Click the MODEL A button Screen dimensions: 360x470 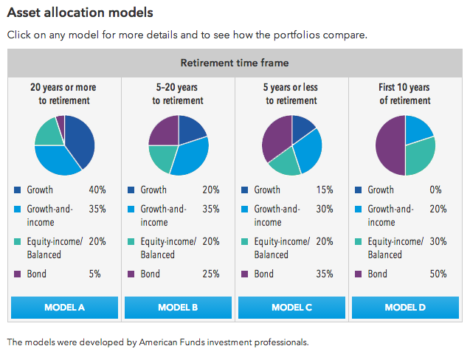coord(64,307)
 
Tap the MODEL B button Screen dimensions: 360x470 coord(178,307)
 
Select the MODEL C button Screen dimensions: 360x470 coord(291,307)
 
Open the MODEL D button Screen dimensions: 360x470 coord(405,307)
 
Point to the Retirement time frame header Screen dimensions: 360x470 coord(235,63)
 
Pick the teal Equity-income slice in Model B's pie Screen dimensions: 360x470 coord(162,157)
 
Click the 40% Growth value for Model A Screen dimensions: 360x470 coord(97,190)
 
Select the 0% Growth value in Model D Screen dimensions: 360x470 coord(439,190)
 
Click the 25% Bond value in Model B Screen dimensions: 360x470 coord(211,274)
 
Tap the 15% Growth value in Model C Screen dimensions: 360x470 coord(325,190)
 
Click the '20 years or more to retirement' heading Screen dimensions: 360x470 coord(64,94)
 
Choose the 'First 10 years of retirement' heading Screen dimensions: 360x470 coord(405,94)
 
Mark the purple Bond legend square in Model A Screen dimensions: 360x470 coord(17,274)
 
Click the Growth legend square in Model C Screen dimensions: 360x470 coord(245,190)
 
